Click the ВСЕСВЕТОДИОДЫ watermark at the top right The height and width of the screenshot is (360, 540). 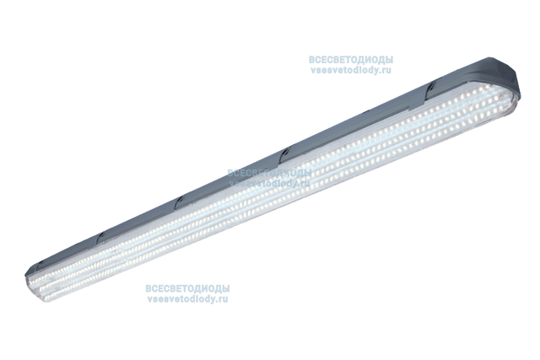(x=351, y=60)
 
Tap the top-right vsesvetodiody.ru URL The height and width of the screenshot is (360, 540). (x=351, y=70)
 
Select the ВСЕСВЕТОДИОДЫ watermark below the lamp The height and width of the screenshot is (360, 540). (x=187, y=288)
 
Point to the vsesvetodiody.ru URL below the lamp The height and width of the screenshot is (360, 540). (x=187, y=298)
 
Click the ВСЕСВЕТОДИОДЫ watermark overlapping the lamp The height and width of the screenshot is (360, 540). (x=269, y=173)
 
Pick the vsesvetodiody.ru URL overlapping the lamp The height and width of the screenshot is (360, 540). (x=269, y=183)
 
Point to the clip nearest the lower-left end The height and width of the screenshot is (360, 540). (x=100, y=238)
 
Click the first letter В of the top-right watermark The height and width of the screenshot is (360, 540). (x=312, y=60)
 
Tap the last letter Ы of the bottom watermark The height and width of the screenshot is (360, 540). (x=225, y=288)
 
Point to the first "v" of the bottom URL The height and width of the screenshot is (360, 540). (x=150, y=299)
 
